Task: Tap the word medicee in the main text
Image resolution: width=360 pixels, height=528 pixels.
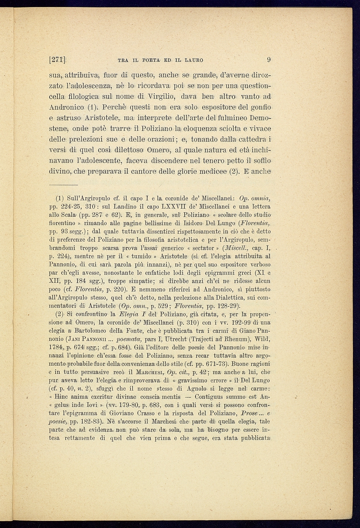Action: tap(222, 172)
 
